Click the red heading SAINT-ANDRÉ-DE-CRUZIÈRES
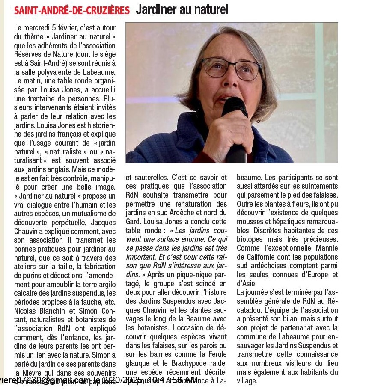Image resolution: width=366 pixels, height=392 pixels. tap(72, 9)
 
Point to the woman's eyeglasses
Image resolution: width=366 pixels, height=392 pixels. tap(232, 68)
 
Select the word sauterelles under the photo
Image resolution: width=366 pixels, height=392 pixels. tap(152, 177)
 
